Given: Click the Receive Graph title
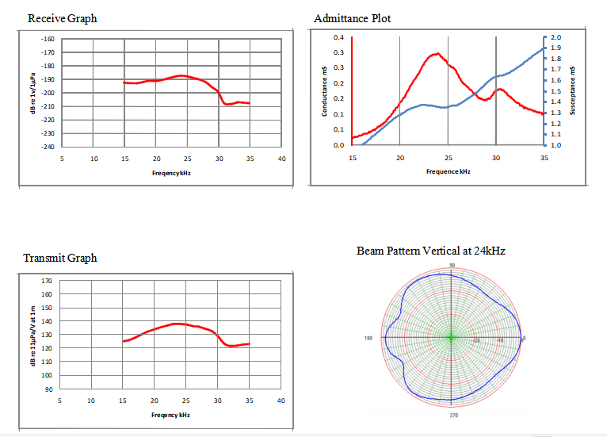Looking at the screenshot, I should [62, 18].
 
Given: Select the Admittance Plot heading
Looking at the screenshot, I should [352, 18].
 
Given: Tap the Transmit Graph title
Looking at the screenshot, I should [60, 258].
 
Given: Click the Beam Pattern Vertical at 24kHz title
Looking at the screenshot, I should [431, 251].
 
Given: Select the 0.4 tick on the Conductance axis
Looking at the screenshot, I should [338, 38].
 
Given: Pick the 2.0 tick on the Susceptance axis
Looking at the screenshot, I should [555, 38].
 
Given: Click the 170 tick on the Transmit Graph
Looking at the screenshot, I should [47, 282].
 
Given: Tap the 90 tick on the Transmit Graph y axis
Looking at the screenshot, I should [48, 389].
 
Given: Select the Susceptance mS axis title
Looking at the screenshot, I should [572, 92].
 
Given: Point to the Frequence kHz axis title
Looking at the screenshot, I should [449, 171].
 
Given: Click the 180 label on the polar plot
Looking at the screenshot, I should [368, 339].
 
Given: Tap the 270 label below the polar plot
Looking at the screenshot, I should [452, 414].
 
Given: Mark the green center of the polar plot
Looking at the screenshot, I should [451, 338].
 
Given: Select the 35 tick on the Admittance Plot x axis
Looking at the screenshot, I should [544, 158].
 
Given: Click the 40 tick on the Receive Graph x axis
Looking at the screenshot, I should [282, 159].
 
